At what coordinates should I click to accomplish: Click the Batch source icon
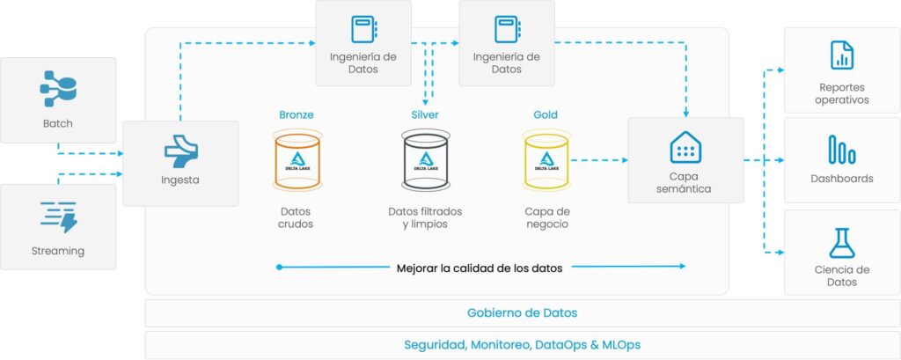(x=58, y=89)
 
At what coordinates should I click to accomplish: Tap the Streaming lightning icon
(x=59, y=217)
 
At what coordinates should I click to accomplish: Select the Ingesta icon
(x=181, y=151)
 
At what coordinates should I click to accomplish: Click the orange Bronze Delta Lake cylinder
(x=297, y=160)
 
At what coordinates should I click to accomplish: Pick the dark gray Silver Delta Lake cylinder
(x=425, y=160)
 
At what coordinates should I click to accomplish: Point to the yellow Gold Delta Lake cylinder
(x=546, y=160)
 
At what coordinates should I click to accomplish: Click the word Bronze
(x=297, y=115)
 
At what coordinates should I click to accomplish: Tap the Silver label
(x=425, y=115)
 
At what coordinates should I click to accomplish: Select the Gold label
(x=546, y=115)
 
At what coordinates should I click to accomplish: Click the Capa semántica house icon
(x=685, y=147)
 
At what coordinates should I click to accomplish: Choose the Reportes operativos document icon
(x=842, y=55)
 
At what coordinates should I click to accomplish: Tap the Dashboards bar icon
(x=842, y=151)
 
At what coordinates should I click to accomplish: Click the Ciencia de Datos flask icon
(x=842, y=243)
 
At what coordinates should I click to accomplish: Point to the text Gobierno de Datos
(x=523, y=313)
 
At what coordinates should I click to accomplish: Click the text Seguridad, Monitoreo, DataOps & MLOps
(x=523, y=345)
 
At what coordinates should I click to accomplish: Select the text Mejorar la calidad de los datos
(x=480, y=268)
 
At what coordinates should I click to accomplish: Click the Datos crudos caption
(x=296, y=218)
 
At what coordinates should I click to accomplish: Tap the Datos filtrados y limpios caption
(x=425, y=218)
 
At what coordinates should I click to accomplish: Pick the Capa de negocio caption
(x=547, y=218)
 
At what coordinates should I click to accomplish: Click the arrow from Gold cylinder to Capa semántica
(x=599, y=160)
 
